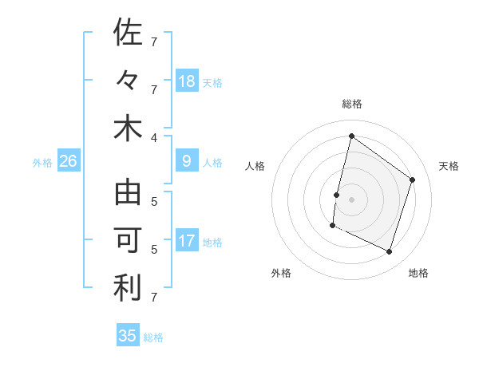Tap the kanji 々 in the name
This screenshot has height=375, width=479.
tap(128, 81)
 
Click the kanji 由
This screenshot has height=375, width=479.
tap(128, 193)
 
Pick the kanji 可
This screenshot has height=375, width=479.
tap(128, 241)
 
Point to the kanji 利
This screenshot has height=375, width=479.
tap(128, 289)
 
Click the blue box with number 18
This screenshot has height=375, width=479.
tap(187, 81)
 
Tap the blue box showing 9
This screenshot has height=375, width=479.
tap(187, 161)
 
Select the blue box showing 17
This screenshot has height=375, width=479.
tap(187, 241)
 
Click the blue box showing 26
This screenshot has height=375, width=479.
tap(68, 161)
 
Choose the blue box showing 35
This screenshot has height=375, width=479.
tap(128, 336)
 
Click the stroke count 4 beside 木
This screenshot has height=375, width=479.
tap(165, 136)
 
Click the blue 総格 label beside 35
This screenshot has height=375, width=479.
tap(153, 337)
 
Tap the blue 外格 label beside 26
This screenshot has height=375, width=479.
tap(42, 163)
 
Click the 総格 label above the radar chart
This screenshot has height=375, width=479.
tap(351, 104)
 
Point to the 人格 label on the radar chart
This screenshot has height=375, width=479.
tap(255, 166)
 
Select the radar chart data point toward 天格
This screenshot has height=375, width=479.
tap(413, 180)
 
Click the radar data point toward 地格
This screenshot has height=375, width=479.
tap(389, 252)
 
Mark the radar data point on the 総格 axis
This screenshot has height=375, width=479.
tap(351, 136)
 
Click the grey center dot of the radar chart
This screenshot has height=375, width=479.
tap(351, 199)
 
